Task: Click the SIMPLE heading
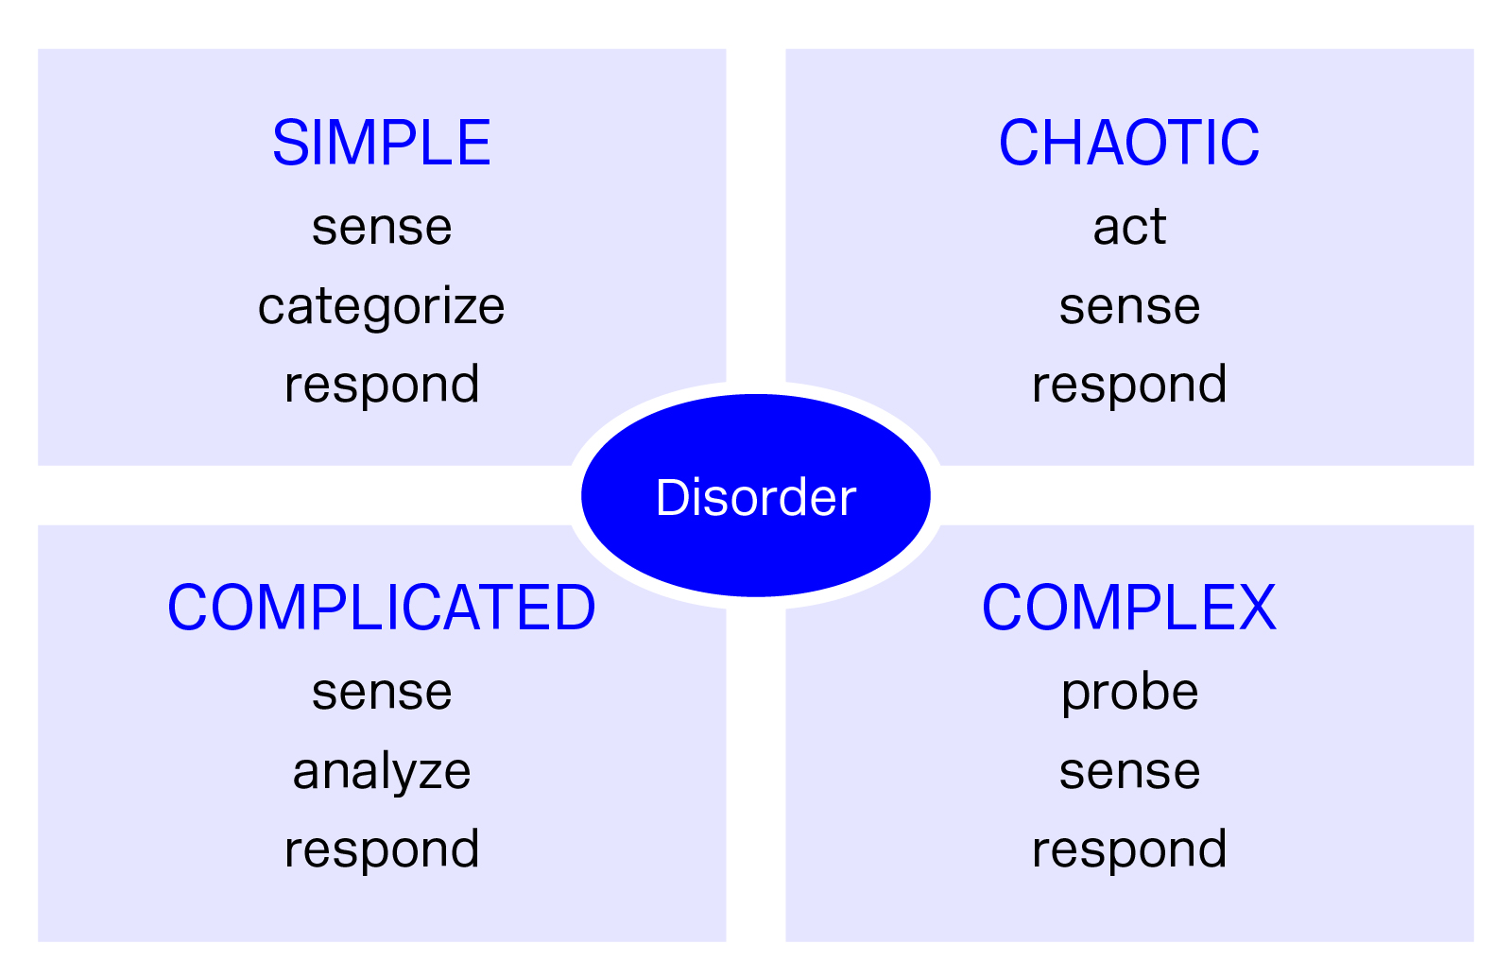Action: point(381,144)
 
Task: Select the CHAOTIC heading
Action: point(1129,144)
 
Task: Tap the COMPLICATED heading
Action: point(381,608)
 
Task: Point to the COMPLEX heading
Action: point(1129,608)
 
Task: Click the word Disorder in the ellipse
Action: point(755,497)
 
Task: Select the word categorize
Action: point(381,306)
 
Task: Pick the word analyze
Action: point(381,771)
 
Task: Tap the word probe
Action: point(1129,693)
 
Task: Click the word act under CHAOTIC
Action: point(1129,227)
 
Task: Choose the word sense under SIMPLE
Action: point(381,228)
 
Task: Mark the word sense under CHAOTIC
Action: point(1129,306)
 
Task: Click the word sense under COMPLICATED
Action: point(381,693)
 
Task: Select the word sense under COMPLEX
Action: point(1129,771)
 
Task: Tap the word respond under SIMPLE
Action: point(381,386)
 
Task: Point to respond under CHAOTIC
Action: point(1129,386)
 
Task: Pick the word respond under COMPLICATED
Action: point(381,849)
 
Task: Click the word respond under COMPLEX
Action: point(1129,849)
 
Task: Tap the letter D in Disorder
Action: point(671,497)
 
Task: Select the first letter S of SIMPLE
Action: point(288,144)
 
